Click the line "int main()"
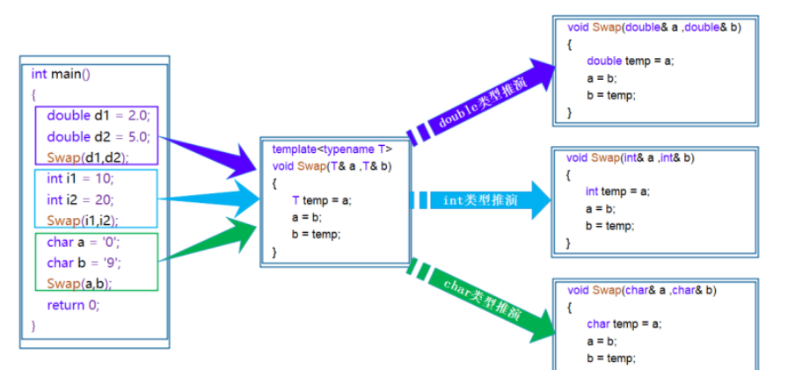click(x=61, y=75)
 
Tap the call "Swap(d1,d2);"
click(x=87, y=157)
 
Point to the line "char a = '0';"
click(x=83, y=241)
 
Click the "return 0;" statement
click(x=73, y=305)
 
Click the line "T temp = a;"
click(x=321, y=200)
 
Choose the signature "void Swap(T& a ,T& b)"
click(x=332, y=166)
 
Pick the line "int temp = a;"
click(x=617, y=192)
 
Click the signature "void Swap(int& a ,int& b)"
click(x=631, y=158)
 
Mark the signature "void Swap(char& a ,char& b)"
click(x=641, y=290)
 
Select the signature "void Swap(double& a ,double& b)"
click(x=654, y=27)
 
